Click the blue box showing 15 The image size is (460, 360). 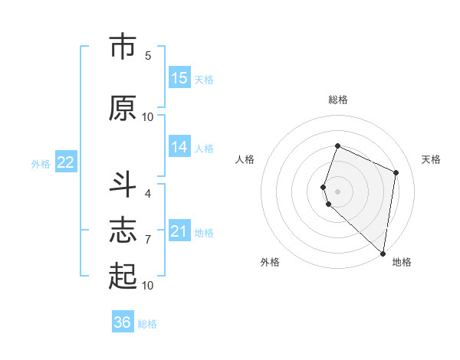pos(179,78)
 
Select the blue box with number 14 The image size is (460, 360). pos(179,147)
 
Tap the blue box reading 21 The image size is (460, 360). pos(179,231)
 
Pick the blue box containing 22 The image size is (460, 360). pos(66,162)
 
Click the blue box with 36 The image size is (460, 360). pos(123,322)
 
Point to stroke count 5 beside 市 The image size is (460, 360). pos(148,55)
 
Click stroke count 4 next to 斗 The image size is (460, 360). pos(148,194)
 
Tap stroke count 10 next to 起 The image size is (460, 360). pos(148,286)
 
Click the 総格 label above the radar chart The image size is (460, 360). pos(338,100)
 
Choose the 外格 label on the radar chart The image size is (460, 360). pos(270,262)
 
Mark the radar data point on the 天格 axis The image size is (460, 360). pos(396,172)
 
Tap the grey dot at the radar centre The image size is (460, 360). pos(338,191)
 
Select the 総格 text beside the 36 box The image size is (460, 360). pos(147,324)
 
